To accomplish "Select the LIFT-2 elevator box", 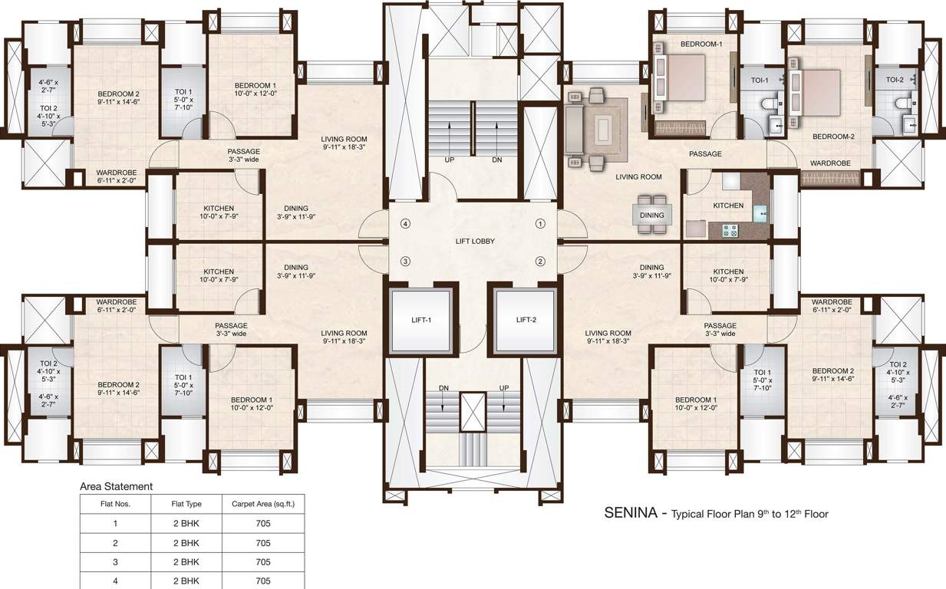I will [x=526, y=321].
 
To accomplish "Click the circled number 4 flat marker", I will [x=406, y=224].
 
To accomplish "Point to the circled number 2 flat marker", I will [x=540, y=261].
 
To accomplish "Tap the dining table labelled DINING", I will [x=652, y=215].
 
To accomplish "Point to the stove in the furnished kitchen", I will [x=730, y=229].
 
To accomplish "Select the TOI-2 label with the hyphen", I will [x=895, y=80].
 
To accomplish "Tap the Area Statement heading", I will [x=117, y=486].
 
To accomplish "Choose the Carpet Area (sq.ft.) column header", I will [x=263, y=504].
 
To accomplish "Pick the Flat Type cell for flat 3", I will [x=186, y=562].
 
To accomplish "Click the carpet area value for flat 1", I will [x=263, y=524].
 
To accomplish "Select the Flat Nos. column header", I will [x=116, y=504].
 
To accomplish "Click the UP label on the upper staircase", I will [x=450, y=160].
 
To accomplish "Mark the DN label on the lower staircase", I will [x=443, y=388].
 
